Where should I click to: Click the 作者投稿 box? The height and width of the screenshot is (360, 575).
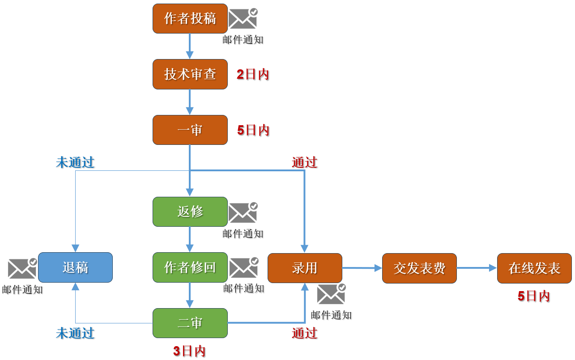190,19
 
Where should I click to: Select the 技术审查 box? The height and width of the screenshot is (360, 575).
190,74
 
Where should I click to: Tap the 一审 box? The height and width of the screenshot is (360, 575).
190,130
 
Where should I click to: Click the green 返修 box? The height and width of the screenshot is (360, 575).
190,212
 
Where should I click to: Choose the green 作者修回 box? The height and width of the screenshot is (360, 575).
190,267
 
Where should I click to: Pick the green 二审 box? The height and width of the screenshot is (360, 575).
190,323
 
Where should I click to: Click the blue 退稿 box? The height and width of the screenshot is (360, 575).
75,267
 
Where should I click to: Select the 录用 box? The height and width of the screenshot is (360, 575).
305,268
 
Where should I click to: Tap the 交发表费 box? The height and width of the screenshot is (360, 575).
419,268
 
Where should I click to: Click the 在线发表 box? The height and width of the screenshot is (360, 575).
534,268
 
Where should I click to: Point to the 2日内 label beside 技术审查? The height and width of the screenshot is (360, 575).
253,74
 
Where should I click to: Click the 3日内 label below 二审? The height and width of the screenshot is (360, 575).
189,351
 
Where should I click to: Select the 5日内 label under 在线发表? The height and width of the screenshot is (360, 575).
534,296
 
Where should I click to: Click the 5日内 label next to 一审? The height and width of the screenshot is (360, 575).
253,130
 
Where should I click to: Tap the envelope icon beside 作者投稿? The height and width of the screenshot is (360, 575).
243,19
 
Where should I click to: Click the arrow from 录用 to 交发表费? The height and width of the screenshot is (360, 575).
362,268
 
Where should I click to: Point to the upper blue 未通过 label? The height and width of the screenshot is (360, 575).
75,162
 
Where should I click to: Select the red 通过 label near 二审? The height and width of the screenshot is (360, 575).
305,333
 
